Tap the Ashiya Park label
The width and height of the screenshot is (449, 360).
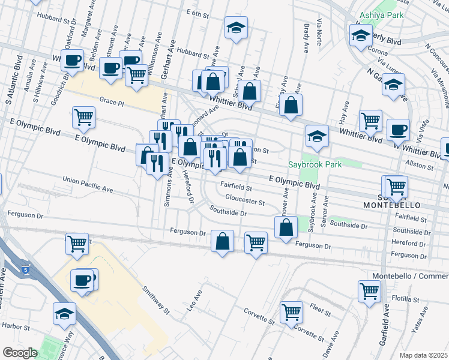click(x=381, y=15)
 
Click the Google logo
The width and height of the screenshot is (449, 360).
click(x=20, y=353)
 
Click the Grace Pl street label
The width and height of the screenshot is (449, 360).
click(x=112, y=103)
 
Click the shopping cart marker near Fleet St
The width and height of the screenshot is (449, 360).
click(x=291, y=311)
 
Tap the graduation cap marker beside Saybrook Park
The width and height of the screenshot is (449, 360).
click(x=316, y=136)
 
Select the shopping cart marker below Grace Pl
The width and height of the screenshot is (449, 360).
click(x=83, y=117)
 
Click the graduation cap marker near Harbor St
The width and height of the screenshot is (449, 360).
click(x=64, y=313)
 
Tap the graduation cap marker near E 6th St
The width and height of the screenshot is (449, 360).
click(x=237, y=27)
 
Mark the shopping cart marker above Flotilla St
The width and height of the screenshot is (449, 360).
click(x=369, y=291)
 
